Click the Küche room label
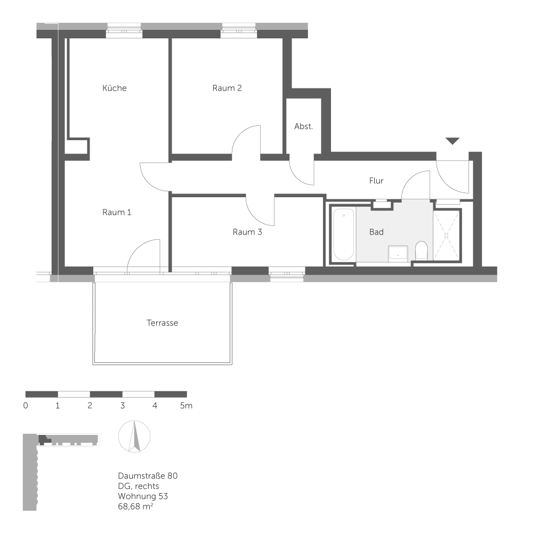pyautogui.click(x=115, y=88)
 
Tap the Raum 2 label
pyautogui.click(x=227, y=88)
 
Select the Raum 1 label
pyautogui.click(x=117, y=212)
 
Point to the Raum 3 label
pyautogui.click(x=247, y=232)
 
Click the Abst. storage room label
pyautogui.click(x=303, y=127)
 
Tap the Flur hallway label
pyautogui.click(x=376, y=181)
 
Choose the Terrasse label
pyautogui.click(x=162, y=323)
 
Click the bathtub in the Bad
pyautogui.click(x=343, y=235)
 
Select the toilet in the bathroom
pyautogui.click(x=421, y=250)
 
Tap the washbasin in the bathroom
pyautogui.click(x=397, y=252)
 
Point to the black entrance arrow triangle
pyautogui.click(x=453, y=141)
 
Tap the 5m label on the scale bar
pyautogui.click(x=185, y=406)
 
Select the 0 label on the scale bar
pyautogui.click(x=26, y=406)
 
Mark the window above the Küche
pyautogui.click(x=124, y=30)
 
